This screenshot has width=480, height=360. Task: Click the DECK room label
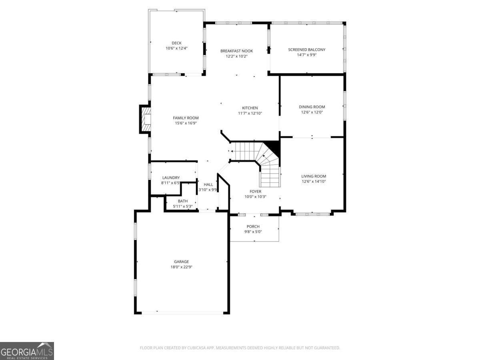176,43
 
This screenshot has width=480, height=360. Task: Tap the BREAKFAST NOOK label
236,51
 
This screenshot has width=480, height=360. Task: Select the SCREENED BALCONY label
306,50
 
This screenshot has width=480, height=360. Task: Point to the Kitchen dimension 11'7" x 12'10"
250,113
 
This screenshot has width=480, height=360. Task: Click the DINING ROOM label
312,107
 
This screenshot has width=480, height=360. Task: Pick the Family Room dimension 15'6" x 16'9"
186,123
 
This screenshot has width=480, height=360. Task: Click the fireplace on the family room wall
146,119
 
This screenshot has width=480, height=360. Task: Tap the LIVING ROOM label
314,176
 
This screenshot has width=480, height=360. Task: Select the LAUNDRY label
171,178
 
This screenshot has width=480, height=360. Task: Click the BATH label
183,201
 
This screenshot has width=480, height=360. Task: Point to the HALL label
208,184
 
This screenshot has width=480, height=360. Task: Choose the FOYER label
255,191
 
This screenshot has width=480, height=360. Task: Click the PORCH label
253,226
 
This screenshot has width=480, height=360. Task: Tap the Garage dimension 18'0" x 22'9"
181,267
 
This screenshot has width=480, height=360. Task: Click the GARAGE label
181,262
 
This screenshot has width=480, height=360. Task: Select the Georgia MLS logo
27,351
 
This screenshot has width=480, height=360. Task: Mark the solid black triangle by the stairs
274,146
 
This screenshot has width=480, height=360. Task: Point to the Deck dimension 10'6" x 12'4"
176,48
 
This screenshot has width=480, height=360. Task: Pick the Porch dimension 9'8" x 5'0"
253,232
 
